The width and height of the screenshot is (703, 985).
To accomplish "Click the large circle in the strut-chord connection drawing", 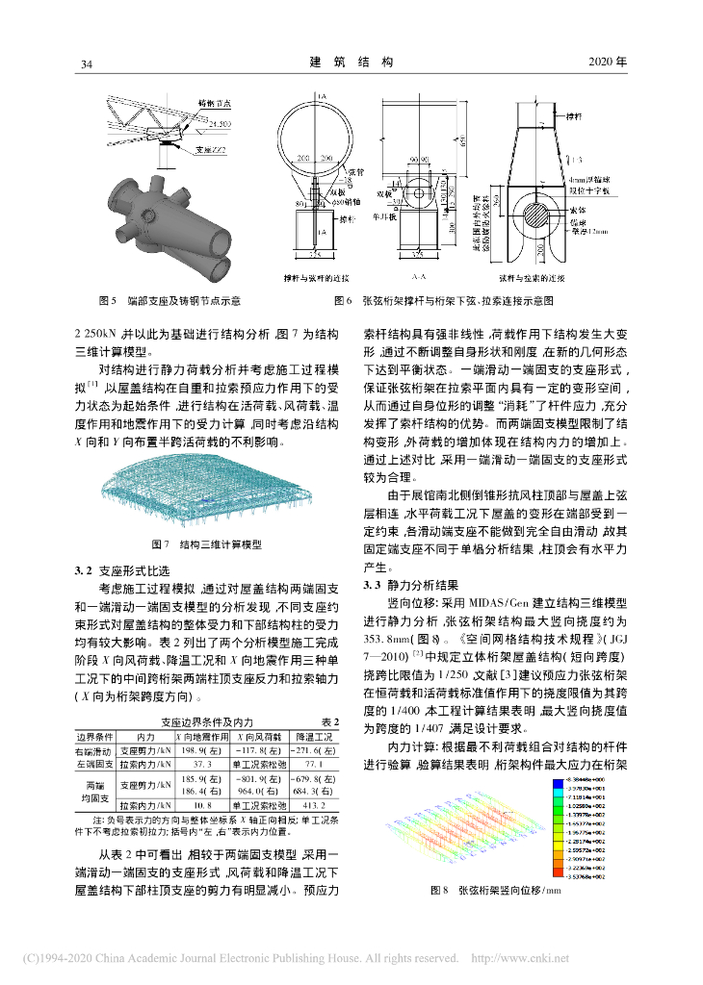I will coord(310,135).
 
